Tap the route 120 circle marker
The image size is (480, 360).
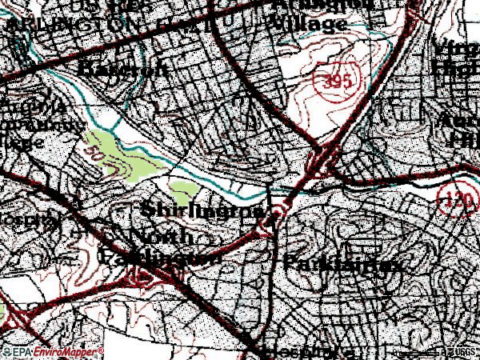[456, 197]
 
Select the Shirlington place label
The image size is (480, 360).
[203, 211]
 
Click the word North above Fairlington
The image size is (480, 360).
[160, 237]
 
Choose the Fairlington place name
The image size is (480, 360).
[160, 258]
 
